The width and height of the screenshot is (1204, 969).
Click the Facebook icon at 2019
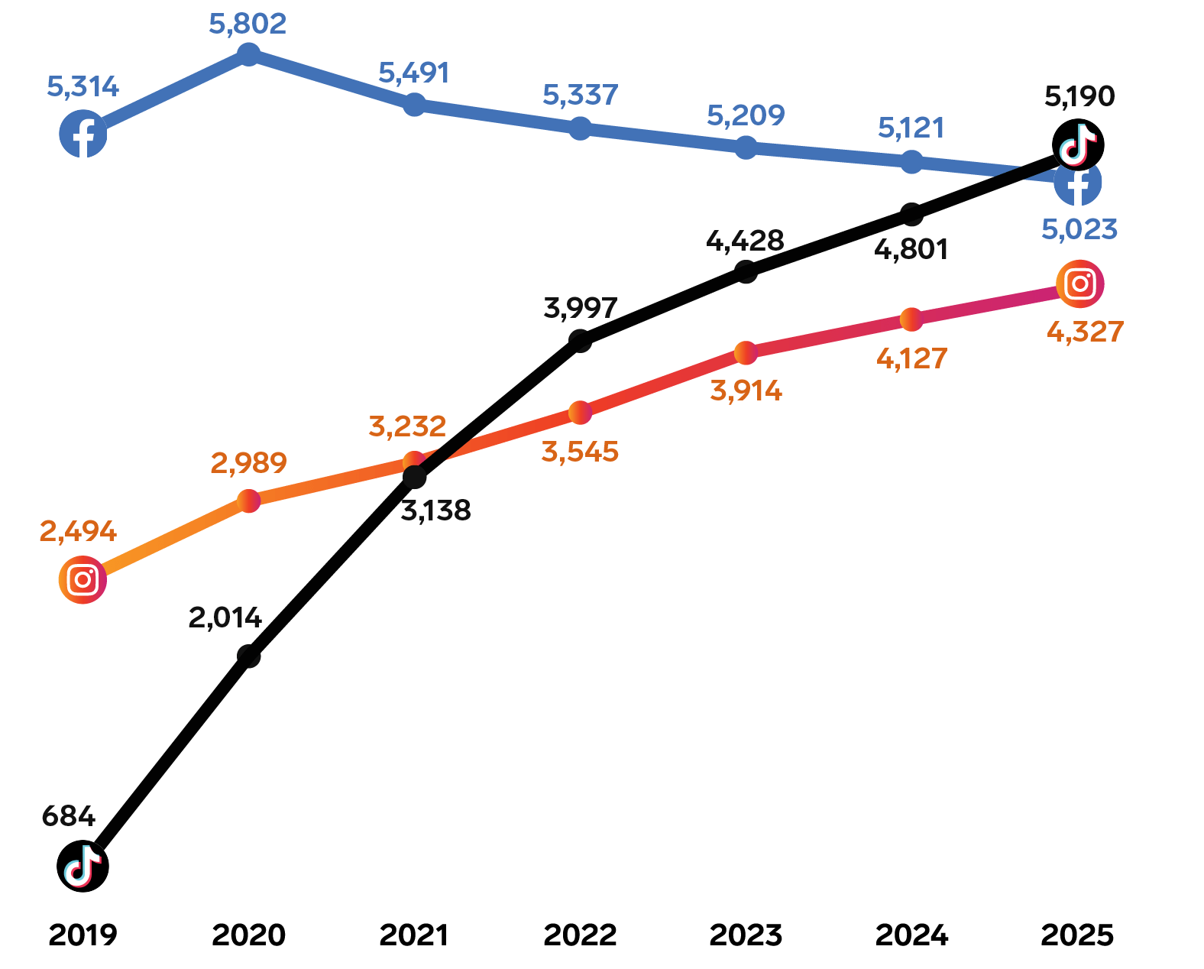pyautogui.click(x=83, y=134)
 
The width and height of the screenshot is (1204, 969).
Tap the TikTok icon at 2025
pyautogui.click(x=1078, y=144)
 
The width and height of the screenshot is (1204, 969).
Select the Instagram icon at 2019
pyautogui.click(x=83, y=580)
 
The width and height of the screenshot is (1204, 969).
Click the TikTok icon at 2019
pyautogui.click(x=83, y=866)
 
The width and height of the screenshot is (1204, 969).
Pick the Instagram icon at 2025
pyautogui.click(x=1079, y=284)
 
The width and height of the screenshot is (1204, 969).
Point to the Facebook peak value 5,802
pyautogui.click(x=248, y=24)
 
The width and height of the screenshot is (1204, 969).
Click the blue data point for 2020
pyautogui.click(x=248, y=54)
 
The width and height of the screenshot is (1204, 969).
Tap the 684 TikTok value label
pyautogui.click(x=69, y=816)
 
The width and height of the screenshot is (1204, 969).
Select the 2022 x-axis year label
pyautogui.click(x=580, y=935)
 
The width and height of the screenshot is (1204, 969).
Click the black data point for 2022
pyautogui.click(x=581, y=340)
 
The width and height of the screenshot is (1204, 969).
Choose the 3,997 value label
pyautogui.click(x=580, y=308)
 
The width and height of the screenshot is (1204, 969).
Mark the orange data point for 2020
pyautogui.click(x=248, y=501)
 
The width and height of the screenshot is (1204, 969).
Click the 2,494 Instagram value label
pyautogui.click(x=78, y=531)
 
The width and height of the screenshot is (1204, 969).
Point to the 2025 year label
pyautogui.click(x=1077, y=935)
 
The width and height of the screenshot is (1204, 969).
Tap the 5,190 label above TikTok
pyautogui.click(x=1079, y=96)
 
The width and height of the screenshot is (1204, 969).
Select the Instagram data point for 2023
pyautogui.click(x=746, y=352)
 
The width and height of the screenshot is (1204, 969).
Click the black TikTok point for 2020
pyautogui.click(x=248, y=656)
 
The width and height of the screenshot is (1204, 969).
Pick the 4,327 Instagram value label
pyautogui.click(x=1085, y=332)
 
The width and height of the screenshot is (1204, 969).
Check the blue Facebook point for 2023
pyautogui.click(x=746, y=147)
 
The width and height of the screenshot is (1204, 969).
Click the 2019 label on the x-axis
pyautogui.click(x=83, y=935)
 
